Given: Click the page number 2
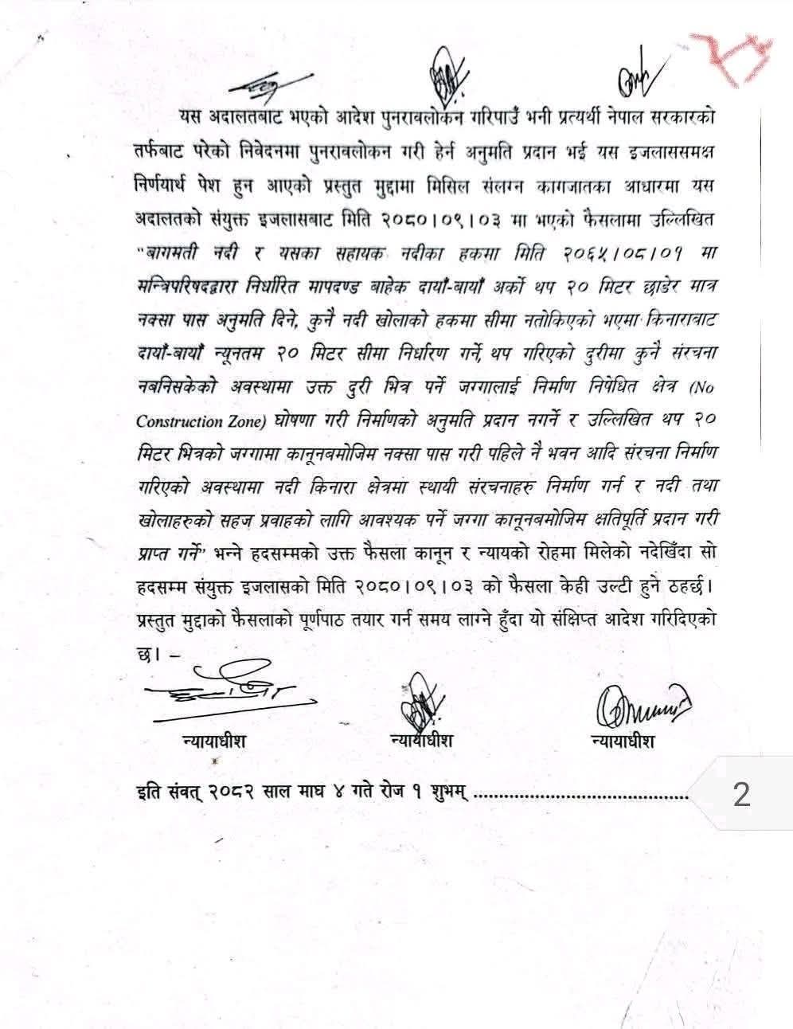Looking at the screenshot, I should click(x=741, y=794).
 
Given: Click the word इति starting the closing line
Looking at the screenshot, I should click(x=148, y=794).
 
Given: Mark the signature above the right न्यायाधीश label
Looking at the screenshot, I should click(x=641, y=705).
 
